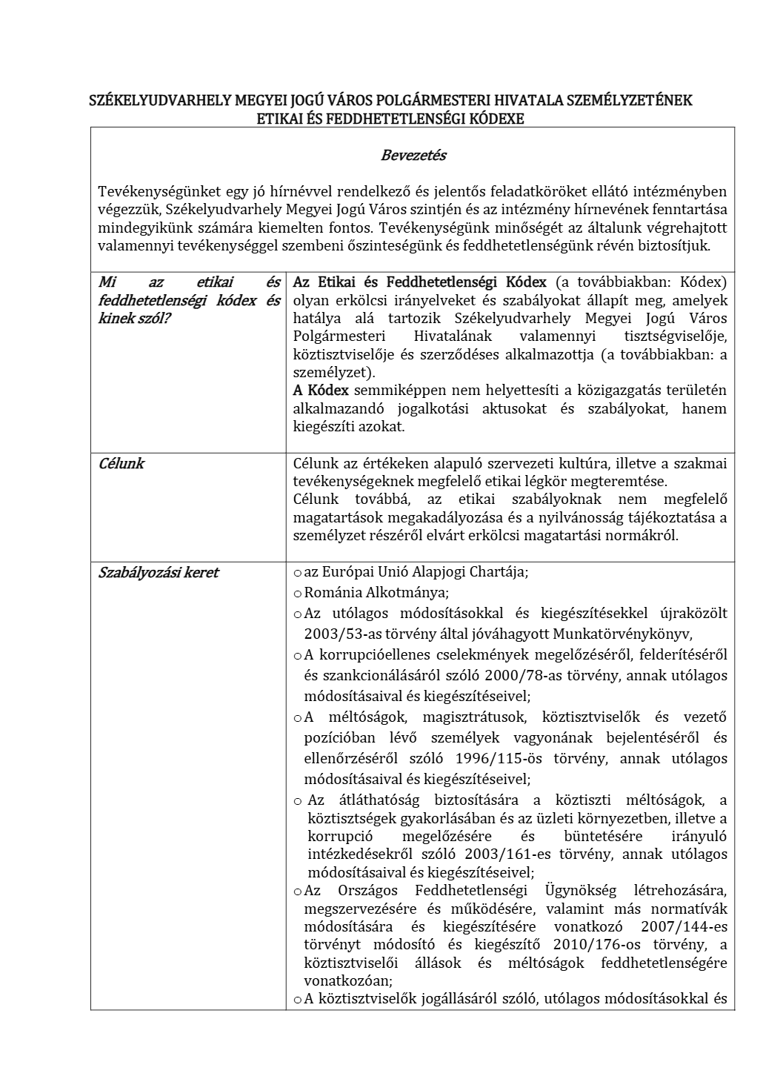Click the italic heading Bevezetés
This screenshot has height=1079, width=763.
tap(413, 156)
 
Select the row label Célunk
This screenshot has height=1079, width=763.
tap(121, 464)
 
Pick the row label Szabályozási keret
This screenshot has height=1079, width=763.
tap(159, 573)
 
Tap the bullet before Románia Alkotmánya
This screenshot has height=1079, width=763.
tap(298, 594)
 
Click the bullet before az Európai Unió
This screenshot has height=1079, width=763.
tap(298, 573)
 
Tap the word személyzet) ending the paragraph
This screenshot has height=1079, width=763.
tap(334, 373)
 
